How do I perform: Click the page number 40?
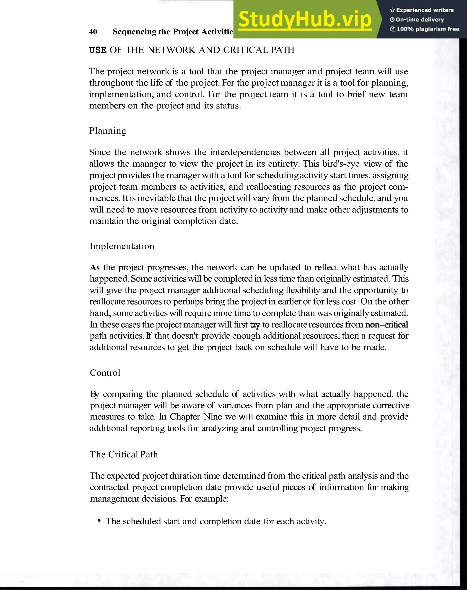[x=93, y=32]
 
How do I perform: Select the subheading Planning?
[x=108, y=131]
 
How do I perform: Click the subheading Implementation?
[x=122, y=246]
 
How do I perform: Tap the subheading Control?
[x=105, y=373]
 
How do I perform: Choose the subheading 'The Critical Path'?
[x=124, y=454]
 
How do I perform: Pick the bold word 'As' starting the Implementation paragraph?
[x=95, y=267]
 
